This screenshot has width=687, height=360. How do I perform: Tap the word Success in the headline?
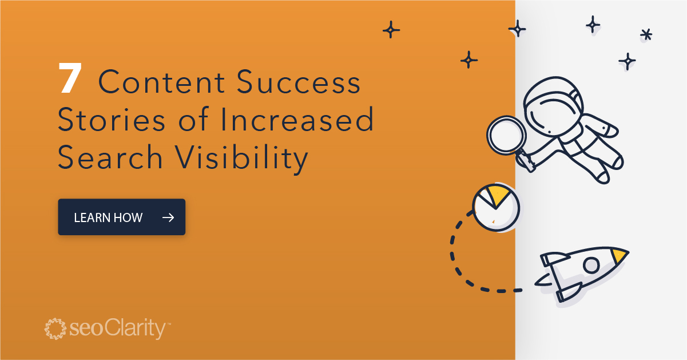[x=299, y=84]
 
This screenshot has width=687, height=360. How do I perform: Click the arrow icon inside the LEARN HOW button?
[x=168, y=217]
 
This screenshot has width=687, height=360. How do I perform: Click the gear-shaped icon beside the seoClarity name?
[x=56, y=329]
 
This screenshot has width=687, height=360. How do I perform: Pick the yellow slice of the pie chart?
[x=497, y=195]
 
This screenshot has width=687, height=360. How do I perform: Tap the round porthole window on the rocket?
[x=591, y=265]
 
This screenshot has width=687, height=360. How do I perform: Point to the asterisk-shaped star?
[x=646, y=35]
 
